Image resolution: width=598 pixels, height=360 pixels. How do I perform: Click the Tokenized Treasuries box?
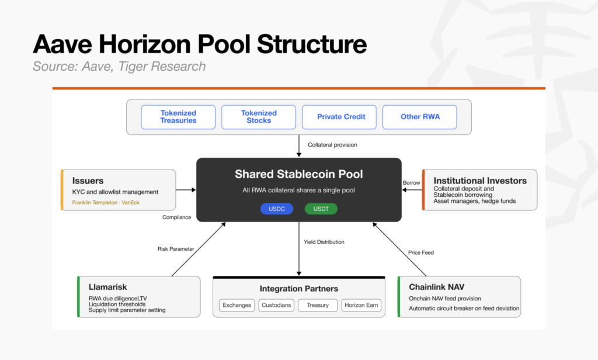pyautogui.click(x=178, y=117)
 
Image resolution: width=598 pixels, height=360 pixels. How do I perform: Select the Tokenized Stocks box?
pyautogui.click(x=259, y=117)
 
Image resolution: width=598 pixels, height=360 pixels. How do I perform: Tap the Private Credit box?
pyautogui.click(x=339, y=117)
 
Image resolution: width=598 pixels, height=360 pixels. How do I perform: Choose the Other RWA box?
pyautogui.click(x=419, y=117)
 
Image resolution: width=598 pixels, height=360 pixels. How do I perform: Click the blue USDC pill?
pyautogui.click(x=276, y=209)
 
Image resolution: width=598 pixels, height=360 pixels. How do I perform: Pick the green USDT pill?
pyautogui.click(x=321, y=209)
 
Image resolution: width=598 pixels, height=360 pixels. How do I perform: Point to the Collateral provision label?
pyautogui.click(x=332, y=145)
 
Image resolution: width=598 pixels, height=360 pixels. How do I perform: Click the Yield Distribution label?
pyautogui.click(x=324, y=241)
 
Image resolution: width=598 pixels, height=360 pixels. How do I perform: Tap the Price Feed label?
pyautogui.click(x=420, y=252)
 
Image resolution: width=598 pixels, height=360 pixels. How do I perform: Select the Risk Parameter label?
pyautogui.click(x=176, y=248)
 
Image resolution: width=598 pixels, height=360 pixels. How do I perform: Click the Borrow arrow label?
pyautogui.click(x=411, y=182)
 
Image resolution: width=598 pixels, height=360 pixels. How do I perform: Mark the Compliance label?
pyautogui.click(x=176, y=217)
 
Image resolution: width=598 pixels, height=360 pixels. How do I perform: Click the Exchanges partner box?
pyautogui.click(x=237, y=305)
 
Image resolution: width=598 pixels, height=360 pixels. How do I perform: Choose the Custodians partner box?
pyautogui.click(x=276, y=305)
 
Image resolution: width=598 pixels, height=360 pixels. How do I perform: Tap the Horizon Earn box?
pyautogui.click(x=361, y=305)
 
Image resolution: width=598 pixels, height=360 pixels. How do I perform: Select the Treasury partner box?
pyautogui.click(x=318, y=305)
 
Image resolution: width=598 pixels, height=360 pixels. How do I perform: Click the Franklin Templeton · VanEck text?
pyautogui.click(x=106, y=202)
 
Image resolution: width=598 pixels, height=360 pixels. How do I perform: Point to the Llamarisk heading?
pyautogui.click(x=107, y=287)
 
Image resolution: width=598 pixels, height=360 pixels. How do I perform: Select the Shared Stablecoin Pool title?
pyautogui.click(x=298, y=174)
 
